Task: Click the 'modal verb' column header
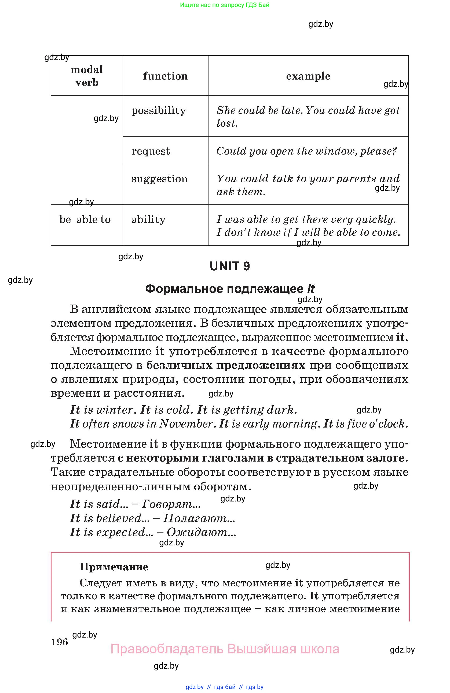click(x=87, y=76)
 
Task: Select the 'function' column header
click(x=165, y=76)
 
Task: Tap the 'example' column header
click(x=308, y=76)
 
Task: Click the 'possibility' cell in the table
click(x=158, y=111)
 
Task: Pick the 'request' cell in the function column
click(x=151, y=151)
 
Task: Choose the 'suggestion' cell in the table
click(x=159, y=179)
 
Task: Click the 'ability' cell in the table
click(x=148, y=219)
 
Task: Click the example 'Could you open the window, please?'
click(x=306, y=151)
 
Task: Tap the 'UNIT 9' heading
click(x=230, y=266)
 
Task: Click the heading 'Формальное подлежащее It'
click(x=230, y=289)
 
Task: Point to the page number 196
click(x=59, y=642)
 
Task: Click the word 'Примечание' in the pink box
click(x=114, y=567)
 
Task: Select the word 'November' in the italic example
click(x=186, y=424)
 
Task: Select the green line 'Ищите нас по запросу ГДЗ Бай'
click(x=225, y=5)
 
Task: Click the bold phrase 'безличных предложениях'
click(x=225, y=365)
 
